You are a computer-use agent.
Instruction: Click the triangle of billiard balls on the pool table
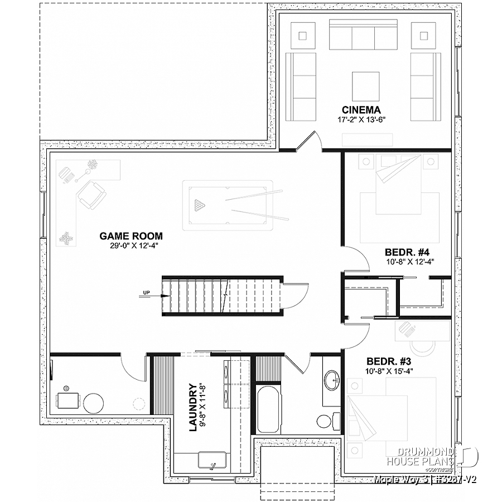tap(198, 205)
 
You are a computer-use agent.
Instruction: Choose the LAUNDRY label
tap(193, 407)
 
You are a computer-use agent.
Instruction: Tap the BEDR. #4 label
tap(409, 251)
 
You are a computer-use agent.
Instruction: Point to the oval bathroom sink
tap(331, 380)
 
